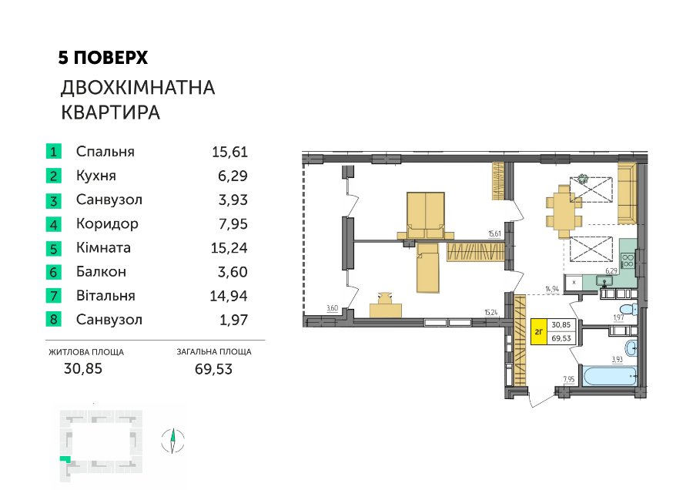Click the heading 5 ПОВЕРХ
click(103, 58)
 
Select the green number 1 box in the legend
click(53, 152)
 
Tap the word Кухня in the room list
click(96, 176)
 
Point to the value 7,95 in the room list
click(233, 223)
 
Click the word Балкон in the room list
click(101, 271)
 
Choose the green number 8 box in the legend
click(53, 319)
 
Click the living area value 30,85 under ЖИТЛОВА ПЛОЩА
click(83, 368)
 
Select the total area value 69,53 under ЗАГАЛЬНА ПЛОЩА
click(213, 368)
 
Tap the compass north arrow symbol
click(172, 441)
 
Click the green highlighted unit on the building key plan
click(65, 459)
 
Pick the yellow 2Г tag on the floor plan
click(539, 331)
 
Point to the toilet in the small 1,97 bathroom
click(628, 309)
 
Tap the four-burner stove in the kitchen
click(628, 260)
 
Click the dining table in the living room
click(564, 212)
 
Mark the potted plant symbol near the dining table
click(582, 179)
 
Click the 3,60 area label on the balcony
click(332, 308)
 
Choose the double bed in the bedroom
click(425, 216)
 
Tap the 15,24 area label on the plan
click(491, 312)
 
